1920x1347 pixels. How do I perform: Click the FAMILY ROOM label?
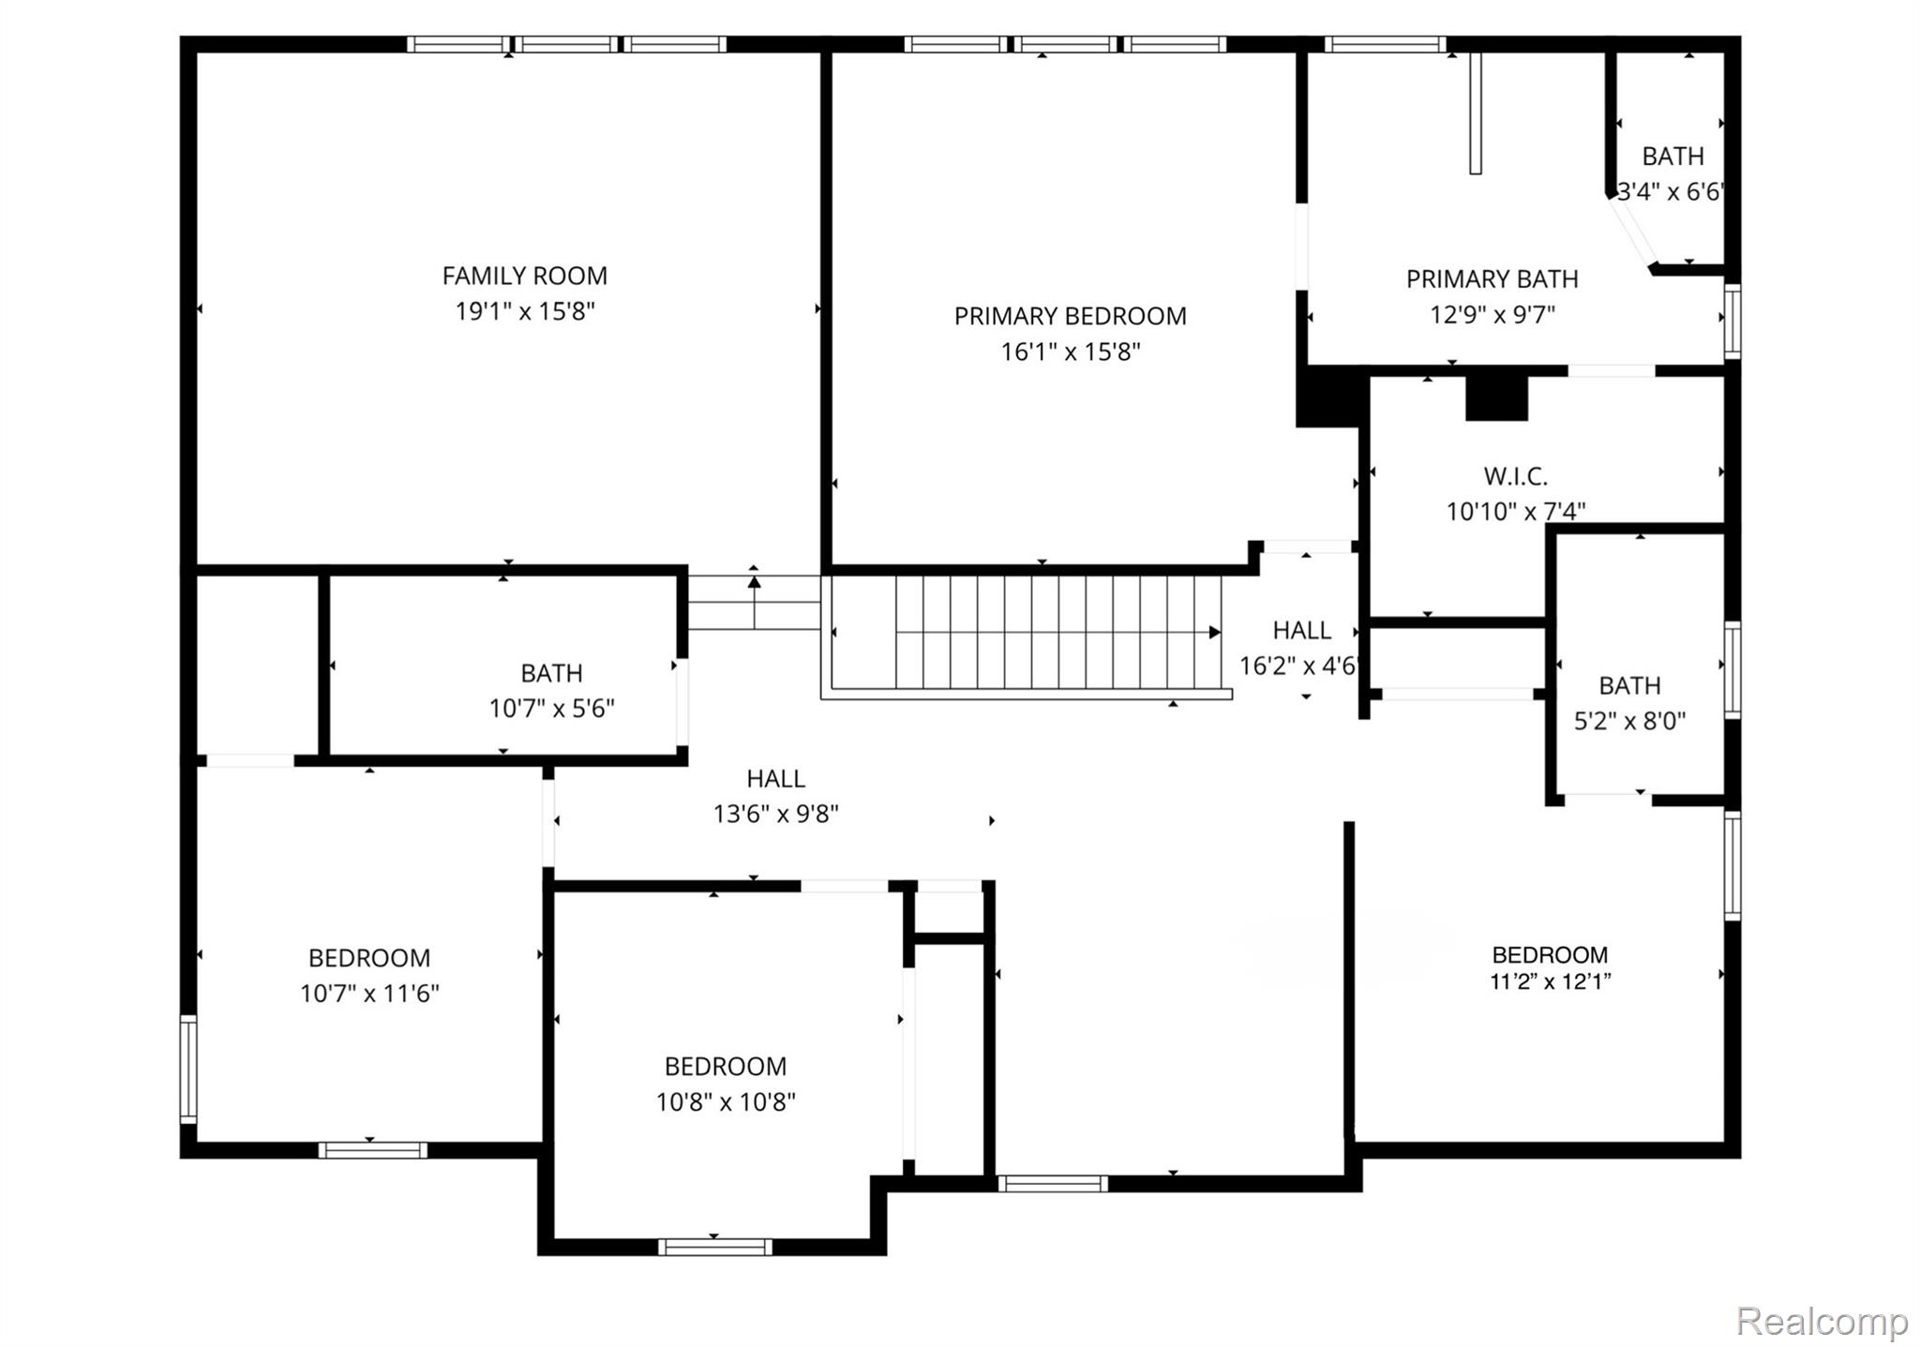(524, 276)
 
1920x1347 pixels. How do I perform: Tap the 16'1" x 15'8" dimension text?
(1070, 352)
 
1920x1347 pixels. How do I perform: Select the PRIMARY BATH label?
(1492, 279)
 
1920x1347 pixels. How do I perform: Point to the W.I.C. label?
(1515, 476)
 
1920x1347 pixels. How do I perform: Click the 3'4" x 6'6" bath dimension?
(1670, 192)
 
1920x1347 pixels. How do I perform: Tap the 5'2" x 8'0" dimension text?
(1629, 721)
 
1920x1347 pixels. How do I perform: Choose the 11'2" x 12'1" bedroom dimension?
(1550, 981)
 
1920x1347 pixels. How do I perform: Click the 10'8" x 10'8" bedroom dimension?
(726, 1101)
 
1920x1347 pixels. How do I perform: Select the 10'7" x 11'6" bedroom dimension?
(369, 993)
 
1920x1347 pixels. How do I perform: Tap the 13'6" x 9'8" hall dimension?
(775, 814)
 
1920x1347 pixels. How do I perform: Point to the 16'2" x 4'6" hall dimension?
(1298, 666)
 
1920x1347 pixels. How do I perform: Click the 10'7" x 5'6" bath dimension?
(551, 708)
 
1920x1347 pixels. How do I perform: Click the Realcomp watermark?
(1822, 1322)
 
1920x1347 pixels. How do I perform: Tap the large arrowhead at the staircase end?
(1215, 633)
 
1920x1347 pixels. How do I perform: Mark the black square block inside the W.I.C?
(1496, 398)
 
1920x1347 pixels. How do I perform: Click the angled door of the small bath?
(1633, 231)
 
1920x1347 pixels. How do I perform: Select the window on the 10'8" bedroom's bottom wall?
(714, 1247)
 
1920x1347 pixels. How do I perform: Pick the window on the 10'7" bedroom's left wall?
(188, 1069)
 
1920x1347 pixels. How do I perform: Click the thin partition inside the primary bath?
(1475, 113)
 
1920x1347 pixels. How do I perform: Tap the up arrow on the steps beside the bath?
(754, 581)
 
